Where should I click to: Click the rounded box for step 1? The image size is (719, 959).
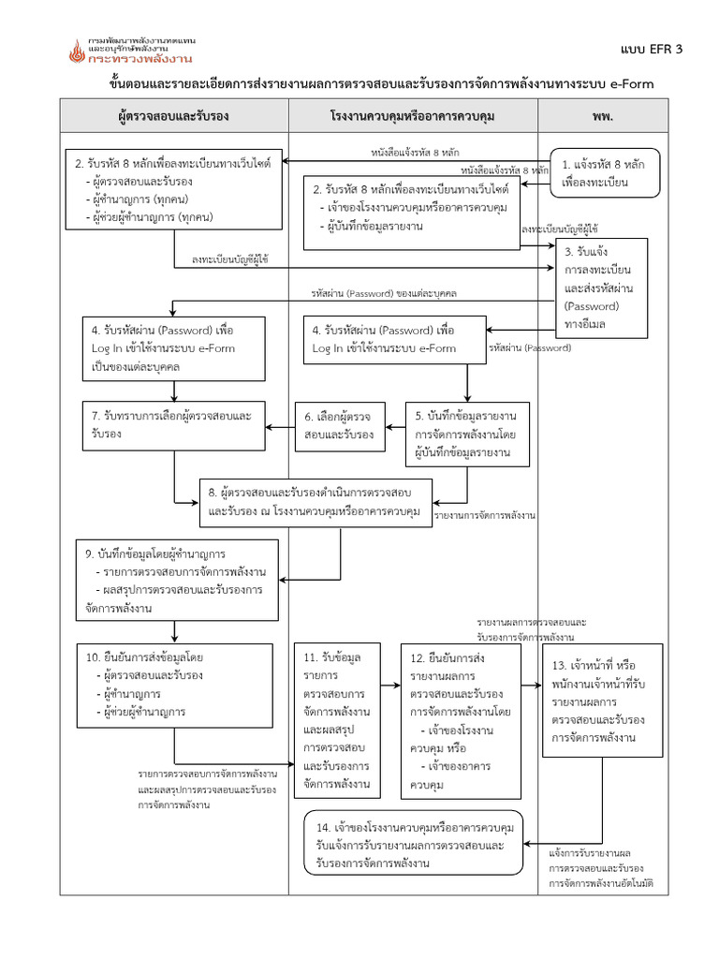[604, 173]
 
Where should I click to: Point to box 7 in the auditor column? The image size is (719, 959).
[174, 425]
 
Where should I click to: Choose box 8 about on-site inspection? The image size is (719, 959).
[316, 502]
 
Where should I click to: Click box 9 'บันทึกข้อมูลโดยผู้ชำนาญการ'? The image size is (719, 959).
[177, 580]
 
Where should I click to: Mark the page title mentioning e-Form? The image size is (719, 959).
[379, 83]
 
